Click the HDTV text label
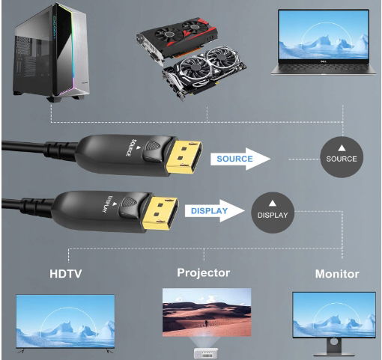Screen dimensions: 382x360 pos(66,274)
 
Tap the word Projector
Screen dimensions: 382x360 pos(203,272)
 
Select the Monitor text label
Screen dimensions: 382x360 pos(337,274)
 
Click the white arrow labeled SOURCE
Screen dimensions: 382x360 pos(240,159)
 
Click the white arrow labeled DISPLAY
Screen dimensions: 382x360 pos(214,211)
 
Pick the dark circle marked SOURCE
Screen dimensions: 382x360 pos(342,157)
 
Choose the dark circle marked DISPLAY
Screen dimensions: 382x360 pos(273,213)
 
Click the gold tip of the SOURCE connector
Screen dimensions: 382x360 pos(184,157)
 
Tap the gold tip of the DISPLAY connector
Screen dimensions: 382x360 pos(160,213)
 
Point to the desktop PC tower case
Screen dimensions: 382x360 pos(52,52)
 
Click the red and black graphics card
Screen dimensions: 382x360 pos(178,37)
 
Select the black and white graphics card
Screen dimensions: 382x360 pos(204,73)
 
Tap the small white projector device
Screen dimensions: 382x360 pos(206,353)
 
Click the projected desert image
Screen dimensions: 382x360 pos(207,312)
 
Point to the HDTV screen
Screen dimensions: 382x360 pos(65,321)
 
